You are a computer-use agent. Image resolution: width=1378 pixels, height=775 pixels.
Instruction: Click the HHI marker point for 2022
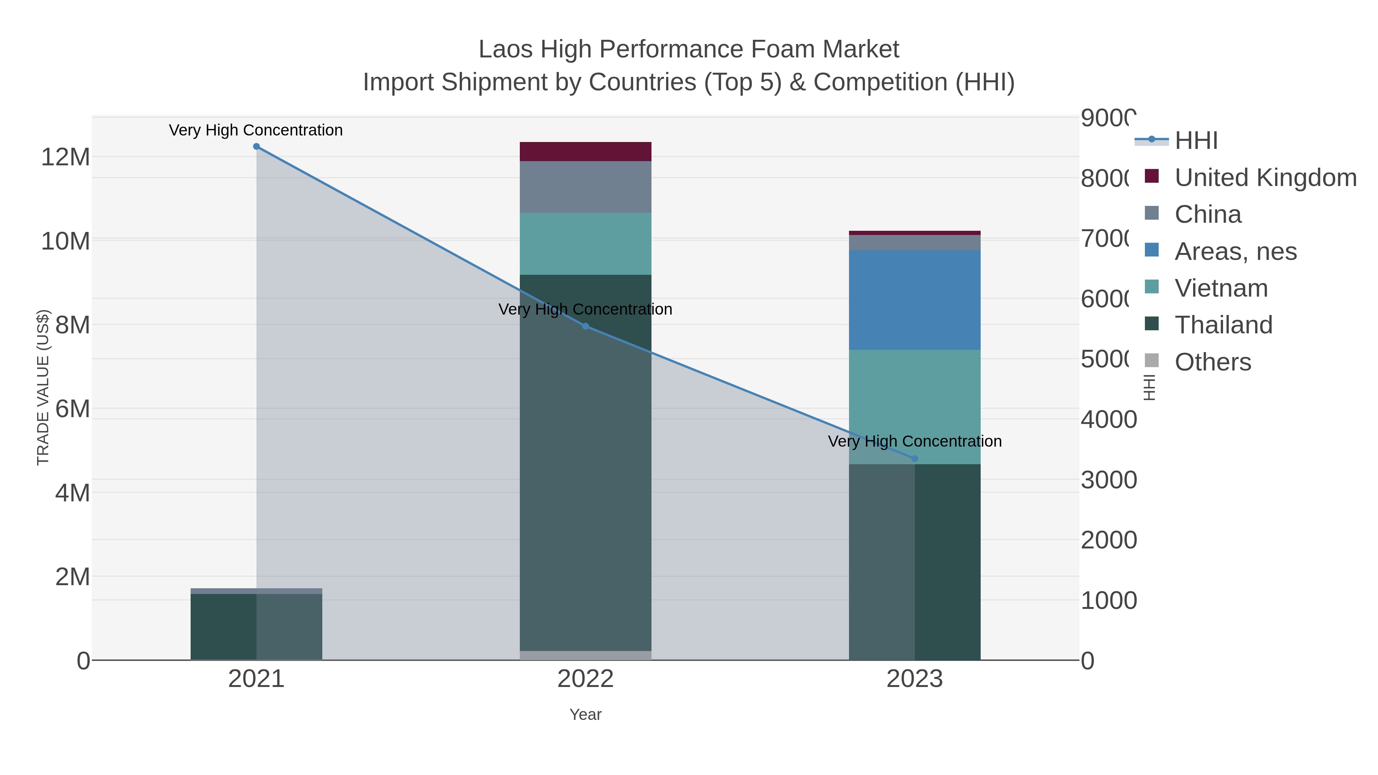(x=585, y=326)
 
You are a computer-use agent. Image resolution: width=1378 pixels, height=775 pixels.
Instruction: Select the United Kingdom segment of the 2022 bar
(x=585, y=151)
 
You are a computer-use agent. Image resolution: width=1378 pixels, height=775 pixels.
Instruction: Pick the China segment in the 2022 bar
(x=585, y=187)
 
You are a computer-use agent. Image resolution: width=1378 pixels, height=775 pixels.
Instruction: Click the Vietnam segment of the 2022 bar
(x=585, y=243)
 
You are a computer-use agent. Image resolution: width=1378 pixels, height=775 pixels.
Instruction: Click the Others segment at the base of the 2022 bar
(x=585, y=655)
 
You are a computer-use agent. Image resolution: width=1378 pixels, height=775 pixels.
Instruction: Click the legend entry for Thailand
(x=1223, y=325)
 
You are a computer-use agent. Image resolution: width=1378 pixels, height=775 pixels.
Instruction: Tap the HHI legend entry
(x=1196, y=141)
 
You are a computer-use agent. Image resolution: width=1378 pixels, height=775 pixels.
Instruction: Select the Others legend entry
(x=1213, y=362)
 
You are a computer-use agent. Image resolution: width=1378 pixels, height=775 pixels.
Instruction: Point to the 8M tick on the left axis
(x=72, y=325)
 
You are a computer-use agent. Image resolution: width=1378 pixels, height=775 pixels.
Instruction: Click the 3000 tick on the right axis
(x=1109, y=480)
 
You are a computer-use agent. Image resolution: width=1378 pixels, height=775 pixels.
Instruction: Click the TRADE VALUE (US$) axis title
(x=43, y=387)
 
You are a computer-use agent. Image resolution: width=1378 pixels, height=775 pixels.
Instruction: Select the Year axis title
(x=585, y=715)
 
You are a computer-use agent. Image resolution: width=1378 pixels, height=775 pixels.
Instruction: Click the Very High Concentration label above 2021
(x=256, y=130)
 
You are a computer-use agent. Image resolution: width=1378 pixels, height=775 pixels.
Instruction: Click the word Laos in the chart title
(x=506, y=49)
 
